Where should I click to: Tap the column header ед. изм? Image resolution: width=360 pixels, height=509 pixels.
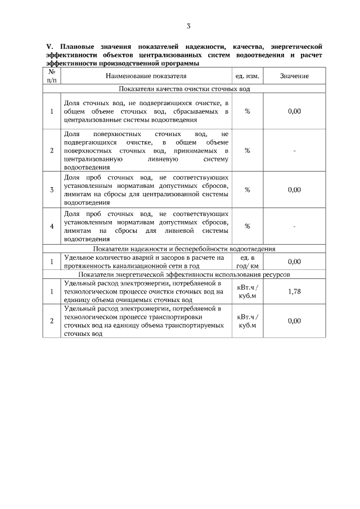[x=247, y=75]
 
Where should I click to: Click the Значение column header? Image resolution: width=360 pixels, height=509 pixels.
[x=294, y=75]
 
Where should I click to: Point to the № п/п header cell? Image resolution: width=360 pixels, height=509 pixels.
[x=52, y=75]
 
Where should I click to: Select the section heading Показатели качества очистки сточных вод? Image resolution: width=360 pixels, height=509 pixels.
[x=184, y=89]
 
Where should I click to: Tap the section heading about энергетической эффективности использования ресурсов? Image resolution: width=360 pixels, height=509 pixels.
[x=184, y=274]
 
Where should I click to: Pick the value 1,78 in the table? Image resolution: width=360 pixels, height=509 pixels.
[x=294, y=291]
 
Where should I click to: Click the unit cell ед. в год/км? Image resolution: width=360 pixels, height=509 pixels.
[x=247, y=262]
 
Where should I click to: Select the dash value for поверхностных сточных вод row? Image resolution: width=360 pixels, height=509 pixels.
[x=294, y=151]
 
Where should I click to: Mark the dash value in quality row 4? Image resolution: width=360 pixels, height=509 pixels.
[x=294, y=226]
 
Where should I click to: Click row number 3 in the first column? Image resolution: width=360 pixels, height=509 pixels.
[x=52, y=190]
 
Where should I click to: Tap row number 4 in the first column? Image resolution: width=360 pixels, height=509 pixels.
[x=52, y=226]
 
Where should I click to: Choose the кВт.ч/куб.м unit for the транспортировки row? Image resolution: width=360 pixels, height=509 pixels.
[x=247, y=321]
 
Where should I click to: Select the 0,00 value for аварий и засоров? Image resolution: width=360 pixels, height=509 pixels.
[x=294, y=262]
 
